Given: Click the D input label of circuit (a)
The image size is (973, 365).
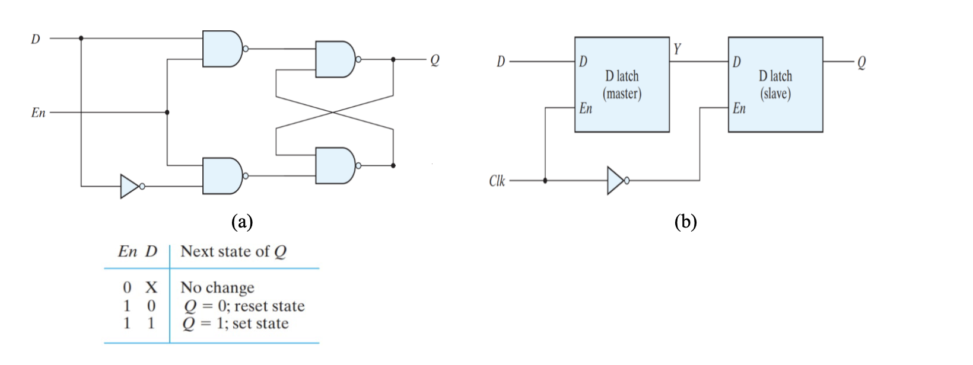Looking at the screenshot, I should coord(36,39).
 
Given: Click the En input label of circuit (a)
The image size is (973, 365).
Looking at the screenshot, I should coord(38,113).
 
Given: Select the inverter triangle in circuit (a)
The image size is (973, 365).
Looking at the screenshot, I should coord(129,186).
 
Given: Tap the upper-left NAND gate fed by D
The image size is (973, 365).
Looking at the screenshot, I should coord(222,49).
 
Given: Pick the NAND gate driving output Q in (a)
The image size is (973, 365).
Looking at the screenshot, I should coord(335,59).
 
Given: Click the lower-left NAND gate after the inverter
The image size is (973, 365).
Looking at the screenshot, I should coord(222,175).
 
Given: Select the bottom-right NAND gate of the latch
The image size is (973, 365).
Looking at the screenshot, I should coord(335,165).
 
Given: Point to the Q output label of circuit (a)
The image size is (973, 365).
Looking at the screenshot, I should coord(435,60).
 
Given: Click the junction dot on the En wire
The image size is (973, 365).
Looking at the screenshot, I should coord(167,112).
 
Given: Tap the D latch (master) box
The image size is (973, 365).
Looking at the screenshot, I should coord(622,85).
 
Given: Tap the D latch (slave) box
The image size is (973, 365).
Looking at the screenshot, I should coord(775,85).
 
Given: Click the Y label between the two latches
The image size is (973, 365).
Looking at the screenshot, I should coord(678,49).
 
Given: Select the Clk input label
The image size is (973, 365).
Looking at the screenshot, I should coord(497,181).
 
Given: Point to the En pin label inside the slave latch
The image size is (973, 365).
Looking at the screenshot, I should coord(739,108).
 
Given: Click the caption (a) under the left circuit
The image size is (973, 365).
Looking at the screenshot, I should coord(242,222).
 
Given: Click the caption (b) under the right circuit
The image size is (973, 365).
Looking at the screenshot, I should coord(686,222).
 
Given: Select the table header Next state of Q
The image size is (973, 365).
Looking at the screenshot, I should coord(233,252).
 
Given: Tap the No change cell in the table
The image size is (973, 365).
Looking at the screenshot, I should coord(217,288).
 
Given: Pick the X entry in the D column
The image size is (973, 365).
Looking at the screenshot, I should coord(151,288).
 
